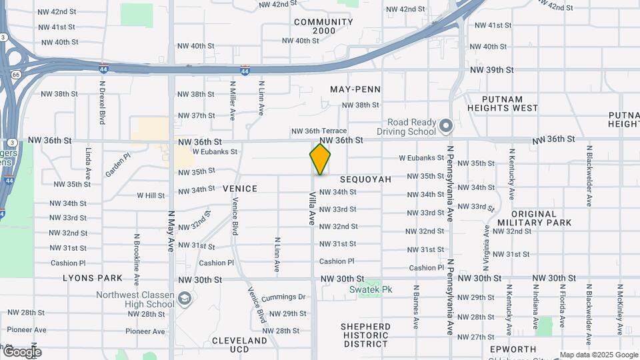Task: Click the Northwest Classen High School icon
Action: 185,299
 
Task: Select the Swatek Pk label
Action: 371,290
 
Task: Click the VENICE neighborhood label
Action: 239,189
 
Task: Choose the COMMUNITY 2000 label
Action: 323,27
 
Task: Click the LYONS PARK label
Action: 93,278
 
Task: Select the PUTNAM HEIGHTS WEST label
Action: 502,103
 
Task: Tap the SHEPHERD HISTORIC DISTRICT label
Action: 365,335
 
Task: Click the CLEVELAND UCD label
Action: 239,345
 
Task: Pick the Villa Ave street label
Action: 311,209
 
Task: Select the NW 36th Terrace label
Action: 319,131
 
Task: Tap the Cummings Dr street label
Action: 283,297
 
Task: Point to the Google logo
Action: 22,352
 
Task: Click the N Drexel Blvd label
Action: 102,103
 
